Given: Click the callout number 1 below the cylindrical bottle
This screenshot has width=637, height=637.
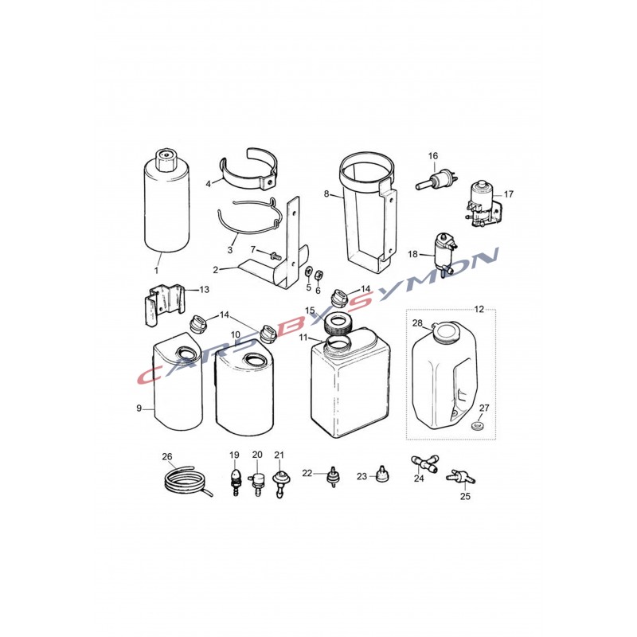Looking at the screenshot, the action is pyautogui.click(x=156, y=270).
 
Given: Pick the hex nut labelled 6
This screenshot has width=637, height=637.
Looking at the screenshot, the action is pyautogui.click(x=319, y=275).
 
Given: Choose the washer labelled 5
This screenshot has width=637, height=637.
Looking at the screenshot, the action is pyautogui.click(x=308, y=272).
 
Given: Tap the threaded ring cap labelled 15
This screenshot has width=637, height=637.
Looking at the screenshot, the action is pyautogui.click(x=337, y=323).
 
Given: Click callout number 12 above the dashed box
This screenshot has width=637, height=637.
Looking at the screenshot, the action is pyautogui.click(x=479, y=310).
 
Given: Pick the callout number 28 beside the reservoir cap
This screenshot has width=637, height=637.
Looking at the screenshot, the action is pyautogui.click(x=417, y=323).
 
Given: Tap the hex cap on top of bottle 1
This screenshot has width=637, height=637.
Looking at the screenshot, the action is pyautogui.click(x=166, y=160).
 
